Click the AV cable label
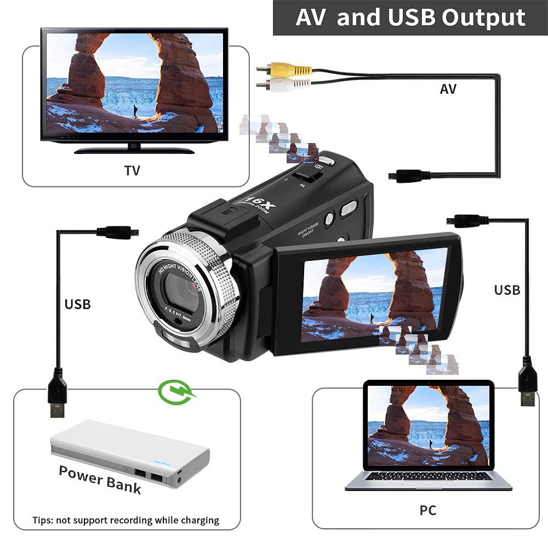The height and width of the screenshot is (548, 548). pos(448,89)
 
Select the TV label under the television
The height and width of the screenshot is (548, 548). pos(132,170)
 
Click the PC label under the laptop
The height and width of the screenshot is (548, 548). pos(427,510)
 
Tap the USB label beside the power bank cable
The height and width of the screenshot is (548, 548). pos(77,304)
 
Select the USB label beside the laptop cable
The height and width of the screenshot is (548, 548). pos(507,289)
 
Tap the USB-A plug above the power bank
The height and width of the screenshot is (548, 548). pos(57,395)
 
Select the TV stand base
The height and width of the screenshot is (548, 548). pos(134,150)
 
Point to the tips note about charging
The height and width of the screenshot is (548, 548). pos(125,520)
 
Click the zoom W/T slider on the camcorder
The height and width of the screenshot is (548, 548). pos(306,177)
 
